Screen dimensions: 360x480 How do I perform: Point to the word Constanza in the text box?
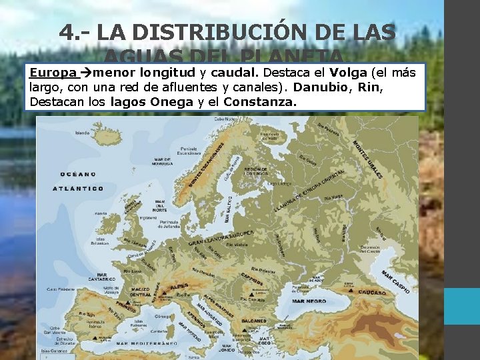pos(261,102)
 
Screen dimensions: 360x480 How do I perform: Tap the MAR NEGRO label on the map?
pos(308,301)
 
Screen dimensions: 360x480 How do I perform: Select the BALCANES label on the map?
pos(253,321)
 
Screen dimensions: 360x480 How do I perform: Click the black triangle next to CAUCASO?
pos(350,291)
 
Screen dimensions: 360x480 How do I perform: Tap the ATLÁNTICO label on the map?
pos(79,188)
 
